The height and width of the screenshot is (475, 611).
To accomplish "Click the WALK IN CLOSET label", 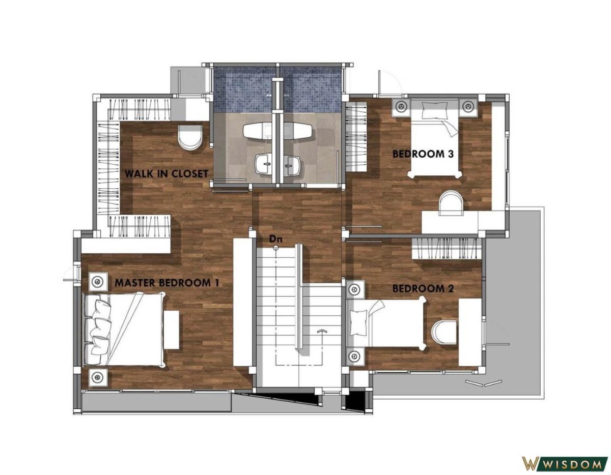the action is click(x=166, y=174).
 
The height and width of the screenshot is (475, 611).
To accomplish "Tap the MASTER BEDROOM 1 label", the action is click(x=166, y=283).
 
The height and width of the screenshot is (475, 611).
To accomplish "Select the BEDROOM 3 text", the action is click(x=423, y=154).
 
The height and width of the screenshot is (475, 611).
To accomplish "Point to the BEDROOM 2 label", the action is click(x=423, y=288).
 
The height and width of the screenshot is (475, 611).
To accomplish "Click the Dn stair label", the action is click(x=275, y=239).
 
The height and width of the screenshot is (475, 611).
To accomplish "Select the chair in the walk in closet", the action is click(x=190, y=137).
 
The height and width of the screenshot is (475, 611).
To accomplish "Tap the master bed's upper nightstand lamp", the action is click(x=98, y=281).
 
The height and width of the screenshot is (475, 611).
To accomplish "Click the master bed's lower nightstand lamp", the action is click(x=98, y=376).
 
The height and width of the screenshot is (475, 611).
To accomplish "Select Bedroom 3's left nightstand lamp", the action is click(x=401, y=107).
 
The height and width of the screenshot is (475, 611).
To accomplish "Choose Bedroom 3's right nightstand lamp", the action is click(x=468, y=107).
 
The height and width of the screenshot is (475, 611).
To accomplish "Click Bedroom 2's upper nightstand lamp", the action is click(x=355, y=289).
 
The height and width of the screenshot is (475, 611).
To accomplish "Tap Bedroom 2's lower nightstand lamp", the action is click(x=355, y=357).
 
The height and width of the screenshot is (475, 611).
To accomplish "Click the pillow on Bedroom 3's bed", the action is click(x=435, y=110).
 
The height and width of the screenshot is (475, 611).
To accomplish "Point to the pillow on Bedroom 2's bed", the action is click(x=359, y=322).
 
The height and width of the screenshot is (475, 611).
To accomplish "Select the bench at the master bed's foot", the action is click(x=172, y=330).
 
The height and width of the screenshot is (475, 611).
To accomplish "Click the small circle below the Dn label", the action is click(x=276, y=247).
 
